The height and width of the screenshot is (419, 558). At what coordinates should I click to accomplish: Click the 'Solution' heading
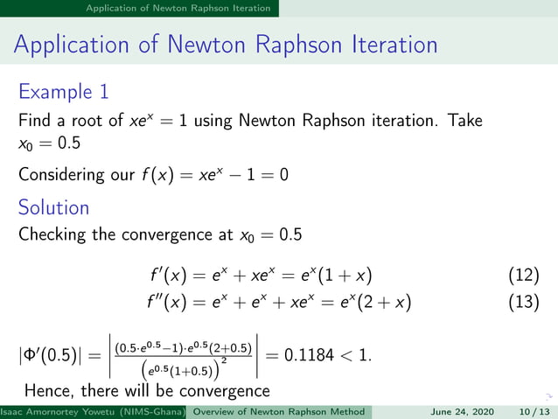pos(53,207)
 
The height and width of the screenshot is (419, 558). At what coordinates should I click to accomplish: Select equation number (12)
pos(523,276)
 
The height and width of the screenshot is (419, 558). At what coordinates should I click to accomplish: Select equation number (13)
pos(523,303)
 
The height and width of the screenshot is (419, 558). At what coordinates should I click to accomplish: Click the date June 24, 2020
pos(461,412)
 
